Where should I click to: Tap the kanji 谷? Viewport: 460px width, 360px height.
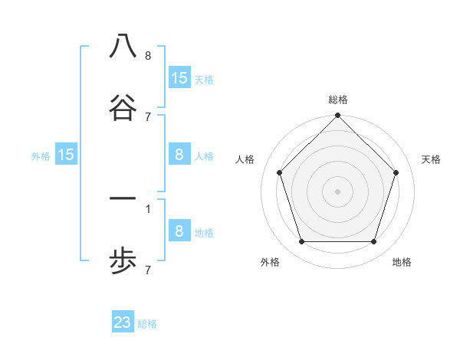123,108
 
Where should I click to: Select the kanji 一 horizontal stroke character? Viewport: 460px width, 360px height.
123,199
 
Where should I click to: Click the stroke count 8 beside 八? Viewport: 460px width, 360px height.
148,56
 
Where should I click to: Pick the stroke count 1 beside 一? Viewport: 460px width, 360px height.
148,208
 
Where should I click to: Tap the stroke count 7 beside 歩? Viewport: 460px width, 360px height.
148,270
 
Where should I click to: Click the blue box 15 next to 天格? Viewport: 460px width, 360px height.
179,77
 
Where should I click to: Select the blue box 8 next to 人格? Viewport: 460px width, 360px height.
179,155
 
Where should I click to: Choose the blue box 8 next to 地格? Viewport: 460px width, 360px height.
179,231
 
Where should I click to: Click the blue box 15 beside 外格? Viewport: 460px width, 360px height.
66,155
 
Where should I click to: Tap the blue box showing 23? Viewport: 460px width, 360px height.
123,322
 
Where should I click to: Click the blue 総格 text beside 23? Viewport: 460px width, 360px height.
148,324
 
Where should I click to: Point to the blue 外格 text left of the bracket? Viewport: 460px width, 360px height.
41,156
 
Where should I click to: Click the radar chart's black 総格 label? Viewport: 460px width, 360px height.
338,100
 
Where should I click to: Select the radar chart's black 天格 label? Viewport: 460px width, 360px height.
431,159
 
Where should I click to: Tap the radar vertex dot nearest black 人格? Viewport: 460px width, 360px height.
279,172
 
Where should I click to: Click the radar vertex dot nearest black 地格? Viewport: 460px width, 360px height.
374,242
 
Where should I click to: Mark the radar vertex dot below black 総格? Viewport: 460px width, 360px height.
338,116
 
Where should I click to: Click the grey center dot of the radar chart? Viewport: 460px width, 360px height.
338,191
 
